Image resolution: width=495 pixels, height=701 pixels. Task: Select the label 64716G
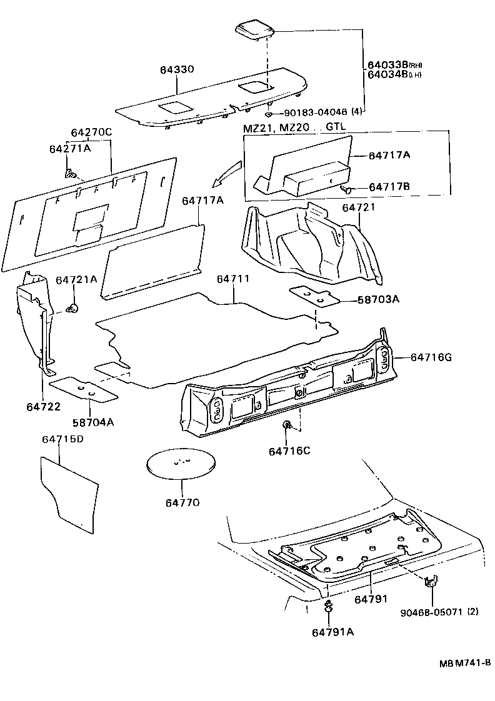click(x=431, y=357)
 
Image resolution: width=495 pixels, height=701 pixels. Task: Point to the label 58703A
click(x=378, y=299)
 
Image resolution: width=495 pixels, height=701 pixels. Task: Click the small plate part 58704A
click(x=84, y=389)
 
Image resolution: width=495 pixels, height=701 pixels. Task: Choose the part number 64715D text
click(x=62, y=439)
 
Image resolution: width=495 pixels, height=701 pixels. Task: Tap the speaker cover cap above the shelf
click(x=256, y=30)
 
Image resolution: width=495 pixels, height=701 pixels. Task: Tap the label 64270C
click(x=91, y=132)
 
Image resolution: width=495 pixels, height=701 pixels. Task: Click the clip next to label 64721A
click(x=74, y=307)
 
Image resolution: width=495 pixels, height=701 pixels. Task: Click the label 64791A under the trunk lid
click(x=332, y=632)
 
